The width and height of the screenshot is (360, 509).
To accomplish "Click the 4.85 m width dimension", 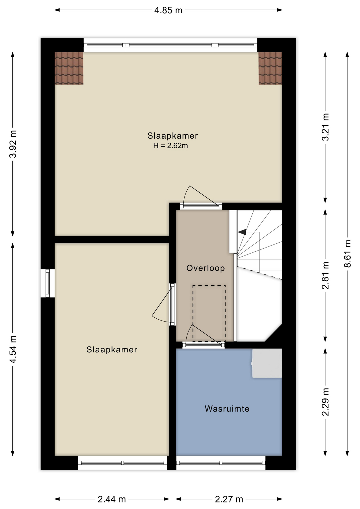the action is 168,10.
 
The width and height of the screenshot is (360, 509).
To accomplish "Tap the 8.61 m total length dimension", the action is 347,254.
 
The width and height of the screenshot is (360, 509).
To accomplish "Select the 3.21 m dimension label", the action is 325,127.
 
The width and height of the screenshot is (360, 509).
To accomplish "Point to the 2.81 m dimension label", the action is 325,275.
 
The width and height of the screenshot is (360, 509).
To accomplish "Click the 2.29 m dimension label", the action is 325,402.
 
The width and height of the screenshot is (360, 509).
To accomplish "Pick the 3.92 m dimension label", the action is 13,144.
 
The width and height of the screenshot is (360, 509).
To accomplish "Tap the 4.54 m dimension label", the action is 13,349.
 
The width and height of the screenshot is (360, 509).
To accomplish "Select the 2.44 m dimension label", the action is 112,499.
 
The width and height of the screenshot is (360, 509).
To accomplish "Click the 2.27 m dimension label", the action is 229,499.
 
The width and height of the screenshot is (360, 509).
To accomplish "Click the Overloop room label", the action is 205,268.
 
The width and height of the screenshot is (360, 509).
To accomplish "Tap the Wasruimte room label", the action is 227,409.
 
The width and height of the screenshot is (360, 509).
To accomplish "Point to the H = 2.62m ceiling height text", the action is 170,146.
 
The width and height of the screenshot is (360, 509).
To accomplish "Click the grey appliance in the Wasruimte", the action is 267,363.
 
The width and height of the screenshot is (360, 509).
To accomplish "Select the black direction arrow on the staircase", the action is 242,232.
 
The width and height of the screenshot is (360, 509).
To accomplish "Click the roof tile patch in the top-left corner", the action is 69,68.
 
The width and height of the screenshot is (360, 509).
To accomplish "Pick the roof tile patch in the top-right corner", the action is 270,68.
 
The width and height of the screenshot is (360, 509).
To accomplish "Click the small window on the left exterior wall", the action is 48,283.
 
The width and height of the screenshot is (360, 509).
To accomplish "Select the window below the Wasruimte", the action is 221,463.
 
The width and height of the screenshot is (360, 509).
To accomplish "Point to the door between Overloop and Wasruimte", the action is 204,344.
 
